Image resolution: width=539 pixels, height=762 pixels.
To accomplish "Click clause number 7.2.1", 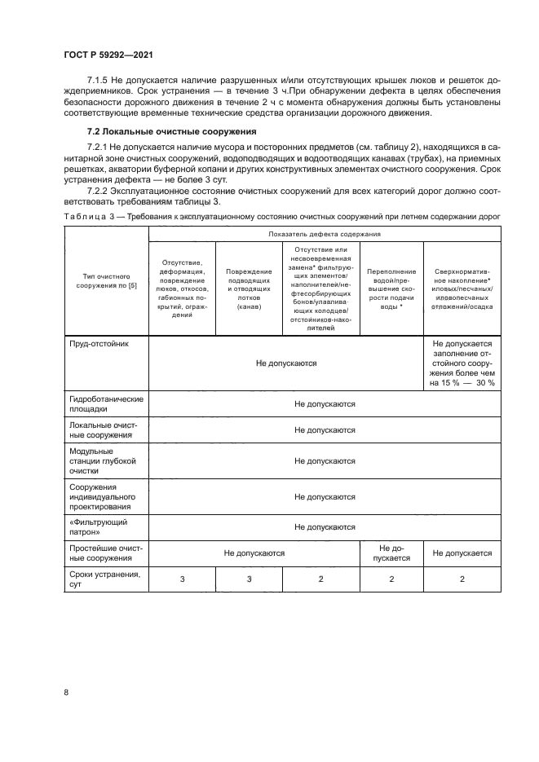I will (102, 144).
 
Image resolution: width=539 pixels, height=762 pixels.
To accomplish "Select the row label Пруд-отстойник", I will (97, 344).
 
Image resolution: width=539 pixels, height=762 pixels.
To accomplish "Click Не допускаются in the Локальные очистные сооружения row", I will (324, 429).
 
